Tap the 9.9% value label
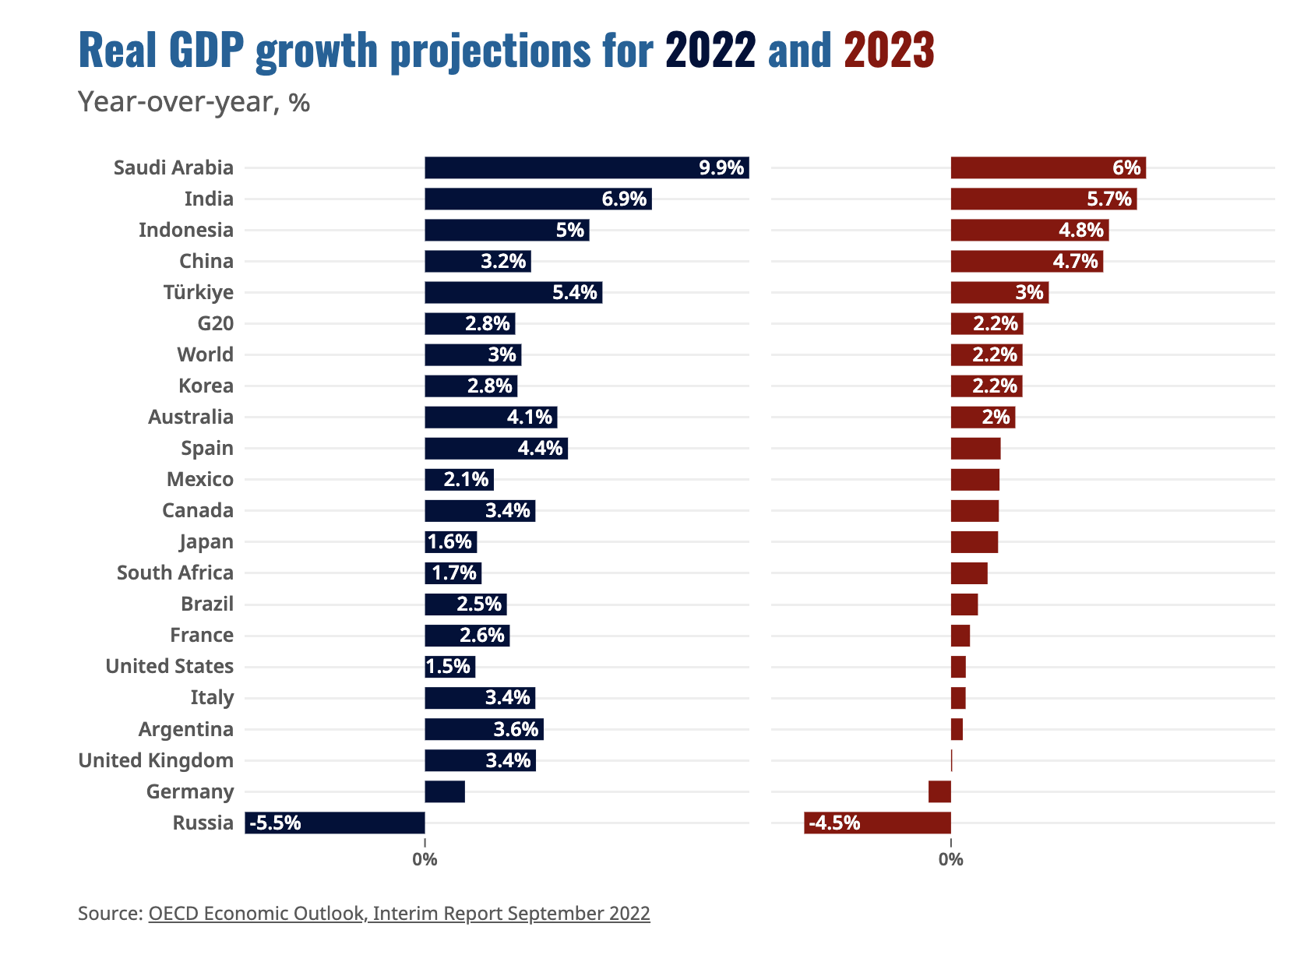(721, 167)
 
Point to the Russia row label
(203, 823)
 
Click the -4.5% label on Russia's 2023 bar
(834, 823)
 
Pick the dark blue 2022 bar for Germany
(445, 791)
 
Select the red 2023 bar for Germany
(939, 791)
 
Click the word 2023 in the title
(889, 50)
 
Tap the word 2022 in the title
(710, 50)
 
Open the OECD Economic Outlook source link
(399, 913)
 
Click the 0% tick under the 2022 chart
(425, 860)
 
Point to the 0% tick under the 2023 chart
(950, 860)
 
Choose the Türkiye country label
(198, 292)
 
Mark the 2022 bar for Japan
(450, 541)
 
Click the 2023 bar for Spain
(975, 448)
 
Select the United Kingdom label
(156, 760)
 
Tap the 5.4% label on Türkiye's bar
(574, 292)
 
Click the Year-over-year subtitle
(194, 102)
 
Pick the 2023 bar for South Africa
(969, 573)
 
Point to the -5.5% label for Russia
(275, 823)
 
